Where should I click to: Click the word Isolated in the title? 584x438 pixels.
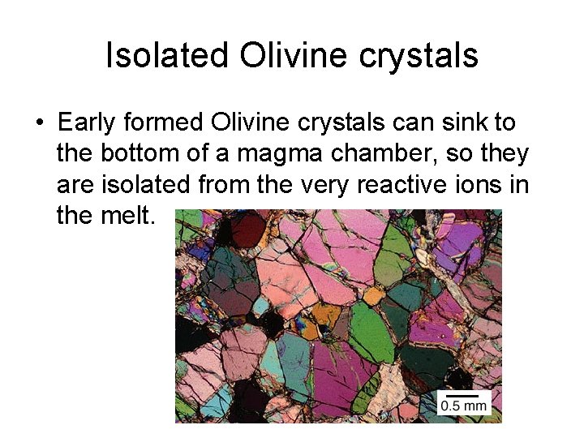(x=168, y=55)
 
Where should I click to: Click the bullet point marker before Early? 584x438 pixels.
(x=38, y=123)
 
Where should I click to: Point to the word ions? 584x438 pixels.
(x=487, y=185)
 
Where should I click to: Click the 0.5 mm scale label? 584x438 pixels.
(x=464, y=405)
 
